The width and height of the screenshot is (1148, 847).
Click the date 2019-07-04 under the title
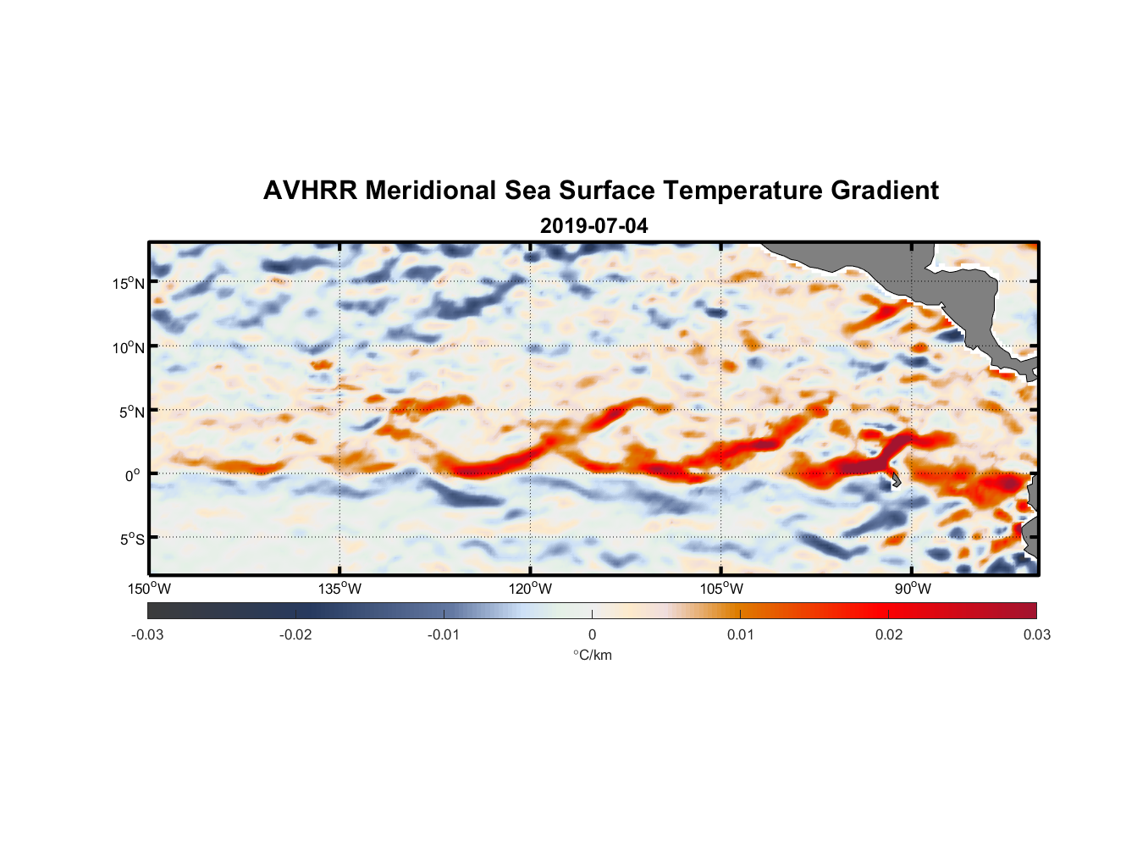(593, 226)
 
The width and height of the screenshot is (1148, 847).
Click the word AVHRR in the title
(310, 191)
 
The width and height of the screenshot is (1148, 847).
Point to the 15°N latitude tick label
(128, 283)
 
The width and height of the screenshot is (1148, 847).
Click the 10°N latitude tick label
(128, 347)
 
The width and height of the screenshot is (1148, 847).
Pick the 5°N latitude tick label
(131, 412)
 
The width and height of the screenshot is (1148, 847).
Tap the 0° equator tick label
(133, 475)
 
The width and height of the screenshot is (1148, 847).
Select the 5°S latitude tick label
(131, 539)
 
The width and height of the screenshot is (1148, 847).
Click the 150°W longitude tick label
(149, 589)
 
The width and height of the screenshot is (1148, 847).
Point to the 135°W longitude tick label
(339, 589)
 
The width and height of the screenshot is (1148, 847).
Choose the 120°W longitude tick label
(530, 589)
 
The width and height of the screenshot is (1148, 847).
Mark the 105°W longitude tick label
(721, 589)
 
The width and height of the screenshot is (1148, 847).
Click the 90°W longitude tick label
(913, 589)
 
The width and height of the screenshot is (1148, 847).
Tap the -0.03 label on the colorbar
(147, 634)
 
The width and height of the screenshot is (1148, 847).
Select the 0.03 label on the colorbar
(1036, 634)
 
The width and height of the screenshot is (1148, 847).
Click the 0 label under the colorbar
(592, 634)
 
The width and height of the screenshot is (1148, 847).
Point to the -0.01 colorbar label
(444, 634)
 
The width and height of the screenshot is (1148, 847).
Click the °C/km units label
(592, 655)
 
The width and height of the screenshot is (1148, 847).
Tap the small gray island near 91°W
(895, 480)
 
